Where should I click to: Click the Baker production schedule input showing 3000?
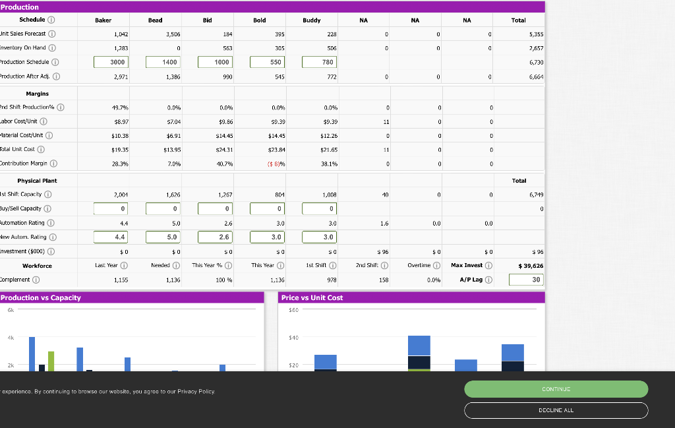pos(110,62)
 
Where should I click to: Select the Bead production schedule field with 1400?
pos(162,62)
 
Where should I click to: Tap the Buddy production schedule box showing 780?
pos(319,62)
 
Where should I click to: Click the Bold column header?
pos(260,20)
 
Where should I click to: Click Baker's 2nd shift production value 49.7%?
pos(120,107)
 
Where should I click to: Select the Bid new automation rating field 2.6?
pos(214,237)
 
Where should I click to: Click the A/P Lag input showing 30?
pos(527,280)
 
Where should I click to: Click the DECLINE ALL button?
pos(556,410)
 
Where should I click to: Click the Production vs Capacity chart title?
pos(41,297)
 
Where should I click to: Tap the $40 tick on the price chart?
pos(294,337)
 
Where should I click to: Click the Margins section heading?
pos(37,94)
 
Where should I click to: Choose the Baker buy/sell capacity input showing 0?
pos(110,209)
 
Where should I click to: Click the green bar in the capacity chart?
pos(51,361)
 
